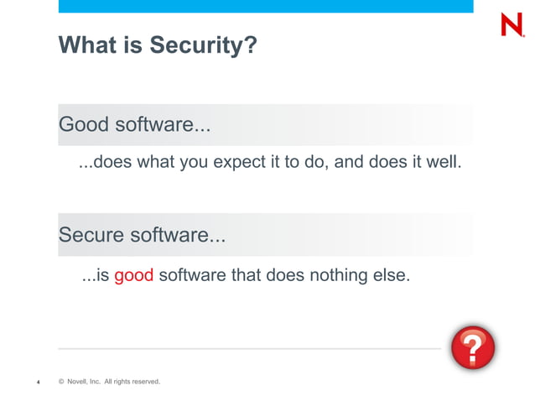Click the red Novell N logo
(x=511, y=24)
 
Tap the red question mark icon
(x=472, y=347)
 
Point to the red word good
(x=133, y=275)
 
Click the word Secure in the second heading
(x=91, y=236)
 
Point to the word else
(x=392, y=275)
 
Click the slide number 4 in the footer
(x=38, y=383)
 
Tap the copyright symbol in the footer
(x=61, y=383)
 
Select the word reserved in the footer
(x=143, y=383)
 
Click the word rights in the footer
(x=115, y=383)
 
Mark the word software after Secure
(x=175, y=236)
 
